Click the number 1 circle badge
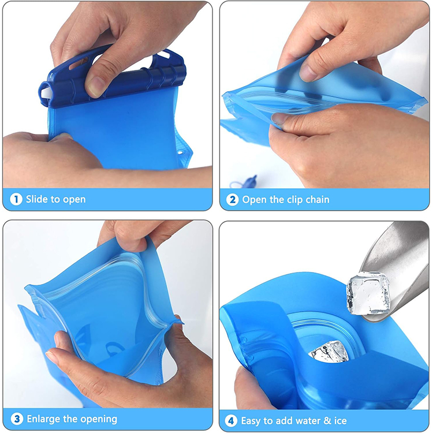point(16,199)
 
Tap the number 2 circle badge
point(232,199)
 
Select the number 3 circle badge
point(17,419)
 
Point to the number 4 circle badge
point(231,421)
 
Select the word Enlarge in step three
point(44,419)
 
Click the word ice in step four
point(340,421)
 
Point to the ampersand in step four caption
point(327,421)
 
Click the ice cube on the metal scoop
point(368,293)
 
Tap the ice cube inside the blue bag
point(329,352)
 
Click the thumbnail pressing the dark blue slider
point(95,86)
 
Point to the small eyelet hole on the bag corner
point(181,152)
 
